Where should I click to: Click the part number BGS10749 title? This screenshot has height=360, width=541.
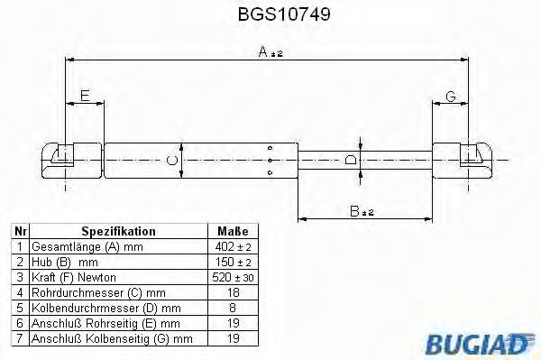coord(270,14)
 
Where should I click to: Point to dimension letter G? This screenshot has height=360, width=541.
coord(450,97)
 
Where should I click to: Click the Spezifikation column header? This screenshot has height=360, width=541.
coord(119,232)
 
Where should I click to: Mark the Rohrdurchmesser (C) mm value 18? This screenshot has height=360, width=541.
coord(233,291)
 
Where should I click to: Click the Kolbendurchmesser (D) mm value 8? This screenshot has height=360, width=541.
coord(233,307)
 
